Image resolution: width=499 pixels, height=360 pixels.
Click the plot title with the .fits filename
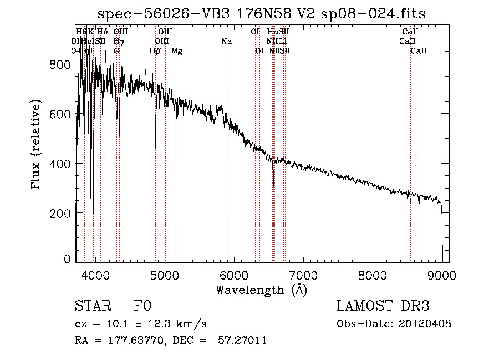pyautogui.click(x=261, y=14)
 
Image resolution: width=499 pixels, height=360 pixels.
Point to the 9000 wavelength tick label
pyautogui.click(x=442, y=275)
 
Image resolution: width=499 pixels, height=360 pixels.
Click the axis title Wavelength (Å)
pyautogui.click(x=261, y=290)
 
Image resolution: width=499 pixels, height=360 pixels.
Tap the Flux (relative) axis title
pyautogui.click(x=37, y=145)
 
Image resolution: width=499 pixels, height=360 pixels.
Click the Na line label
pyautogui.click(x=226, y=41)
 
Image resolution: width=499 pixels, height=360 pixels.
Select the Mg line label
pyautogui.click(x=177, y=51)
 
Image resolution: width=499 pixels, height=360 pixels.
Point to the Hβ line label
pyautogui.click(x=155, y=51)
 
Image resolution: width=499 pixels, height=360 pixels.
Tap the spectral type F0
pyautogui.click(x=142, y=307)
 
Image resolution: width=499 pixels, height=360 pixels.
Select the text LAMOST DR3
pyautogui.click(x=383, y=307)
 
